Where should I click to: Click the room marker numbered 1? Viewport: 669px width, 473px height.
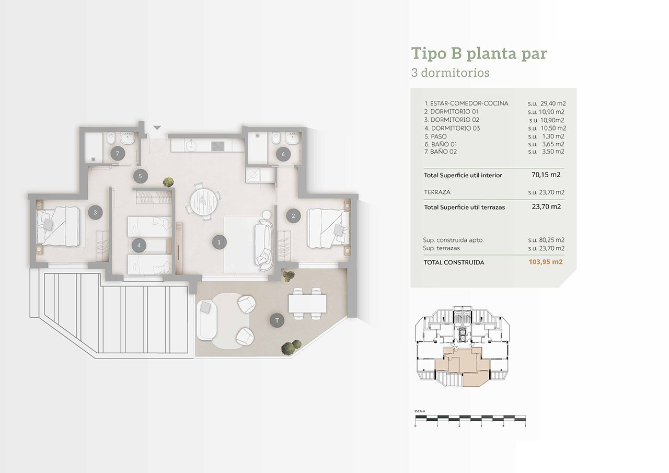(219, 242)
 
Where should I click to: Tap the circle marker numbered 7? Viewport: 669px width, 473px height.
(118, 154)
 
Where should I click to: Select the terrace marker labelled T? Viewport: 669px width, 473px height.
(277, 320)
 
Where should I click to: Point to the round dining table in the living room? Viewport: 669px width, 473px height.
(204, 202)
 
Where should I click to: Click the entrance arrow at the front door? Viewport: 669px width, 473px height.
(157, 128)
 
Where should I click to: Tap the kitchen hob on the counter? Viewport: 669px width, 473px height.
(218, 146)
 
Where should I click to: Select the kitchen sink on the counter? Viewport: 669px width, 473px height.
(190, 146)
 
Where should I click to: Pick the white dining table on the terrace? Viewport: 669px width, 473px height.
(307, 303)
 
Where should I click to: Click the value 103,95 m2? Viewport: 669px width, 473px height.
(545, 262)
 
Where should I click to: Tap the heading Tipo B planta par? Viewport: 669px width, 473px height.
(479, 54)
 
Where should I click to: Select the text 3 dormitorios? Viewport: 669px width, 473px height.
(450, 73)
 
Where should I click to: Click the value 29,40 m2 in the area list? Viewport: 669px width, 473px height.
(553, 103)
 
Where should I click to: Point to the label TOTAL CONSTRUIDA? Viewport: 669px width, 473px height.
(454, 262)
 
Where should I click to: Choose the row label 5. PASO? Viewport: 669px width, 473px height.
(436, 136)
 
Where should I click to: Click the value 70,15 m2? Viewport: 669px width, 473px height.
(546, 175)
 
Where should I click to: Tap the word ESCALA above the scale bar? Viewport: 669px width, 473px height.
(420, 411)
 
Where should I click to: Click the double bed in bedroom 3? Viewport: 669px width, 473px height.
(58, 227)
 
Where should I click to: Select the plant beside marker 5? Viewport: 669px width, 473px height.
(168, 182)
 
